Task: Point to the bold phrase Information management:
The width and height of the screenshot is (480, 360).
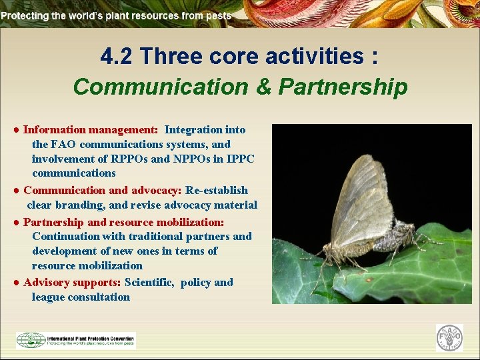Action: pos(91,129)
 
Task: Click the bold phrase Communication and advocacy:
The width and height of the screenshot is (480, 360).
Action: pos(102,190)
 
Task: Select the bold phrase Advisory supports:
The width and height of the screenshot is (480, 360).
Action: pos(72,282)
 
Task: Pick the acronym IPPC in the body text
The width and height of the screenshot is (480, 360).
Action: pos(241,159)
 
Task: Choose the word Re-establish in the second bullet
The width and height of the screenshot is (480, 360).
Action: pos(217,190)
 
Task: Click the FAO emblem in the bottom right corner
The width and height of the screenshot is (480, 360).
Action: pos(449,337)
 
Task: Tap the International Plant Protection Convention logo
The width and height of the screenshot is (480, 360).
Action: pos(75,340)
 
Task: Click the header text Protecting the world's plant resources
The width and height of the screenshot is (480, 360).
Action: pos(117,15)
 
